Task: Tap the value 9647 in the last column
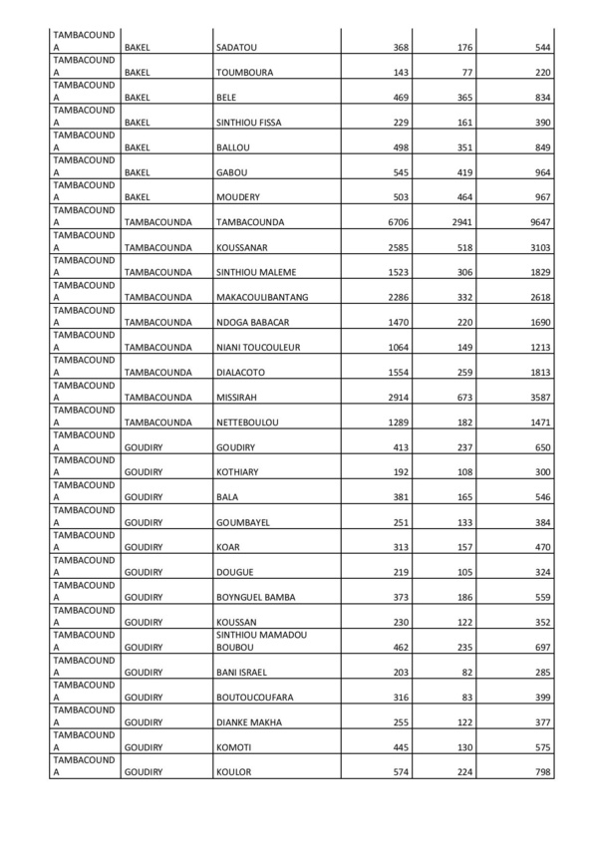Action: tap(539, 221)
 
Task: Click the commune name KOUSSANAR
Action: tap(245, 246)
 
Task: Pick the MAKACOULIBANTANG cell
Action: tap(262, 296)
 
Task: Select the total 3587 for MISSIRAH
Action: tap(539, 396)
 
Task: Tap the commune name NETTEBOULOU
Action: tap(247, 421)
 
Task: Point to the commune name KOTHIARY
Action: tap(238, 470)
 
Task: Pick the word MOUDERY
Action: tap(238, 196)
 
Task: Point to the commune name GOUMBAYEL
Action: tap(243, 520)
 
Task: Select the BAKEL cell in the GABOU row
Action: tap(138, 171)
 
